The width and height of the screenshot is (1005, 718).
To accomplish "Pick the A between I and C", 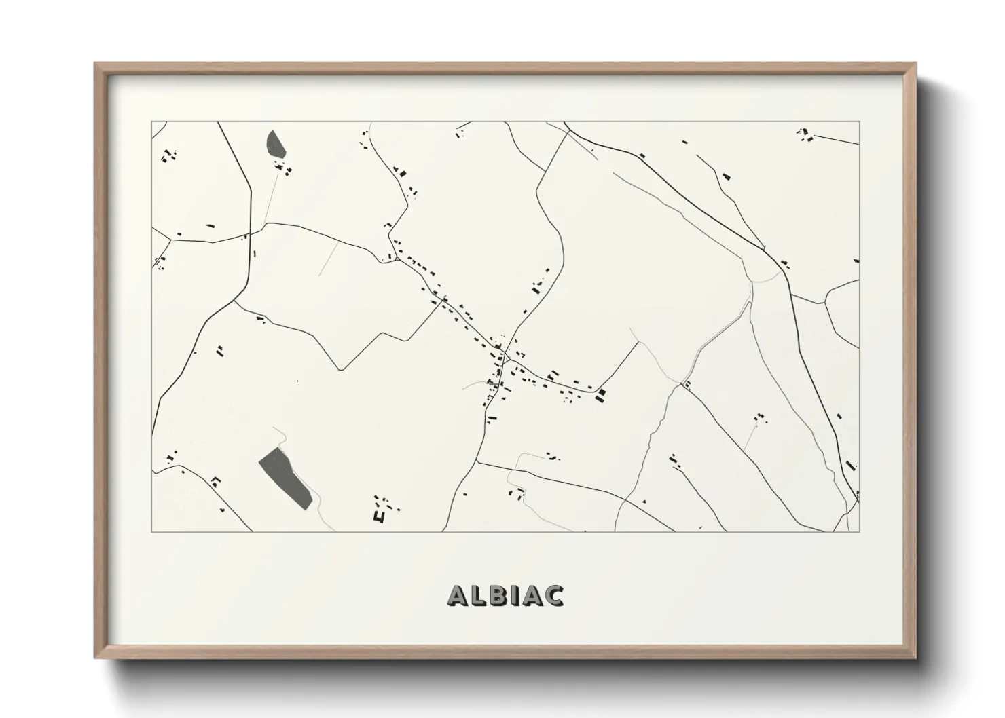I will [x=530, y=595].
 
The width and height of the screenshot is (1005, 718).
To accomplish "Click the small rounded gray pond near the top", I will [x=275, y=143].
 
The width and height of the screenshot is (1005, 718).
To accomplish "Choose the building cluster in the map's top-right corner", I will [x=805, y=135].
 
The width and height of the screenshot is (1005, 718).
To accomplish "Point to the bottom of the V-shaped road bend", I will [x=340, y=370].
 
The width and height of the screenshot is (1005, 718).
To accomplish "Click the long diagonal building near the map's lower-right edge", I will [x=850, y=466].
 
